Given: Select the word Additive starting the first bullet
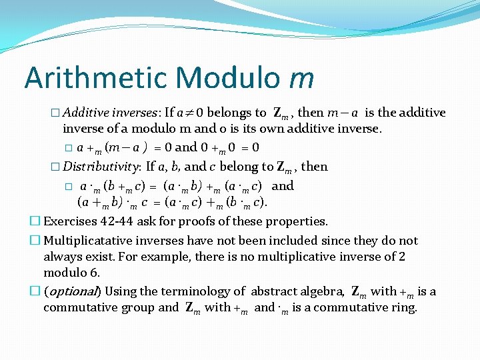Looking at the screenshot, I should (x=86, y=113).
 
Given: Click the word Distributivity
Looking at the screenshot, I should (x=102, y=167).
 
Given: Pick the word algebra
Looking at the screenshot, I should (x=321, y=291).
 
